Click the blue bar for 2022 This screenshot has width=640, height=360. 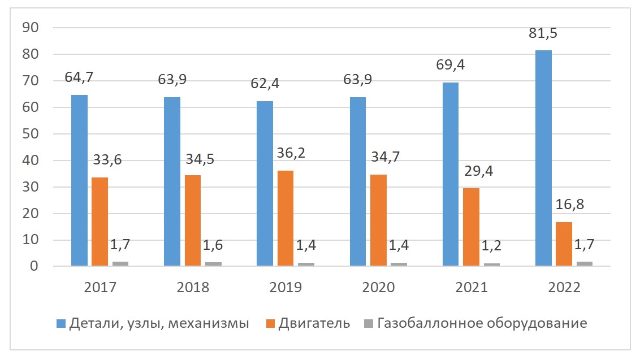543,158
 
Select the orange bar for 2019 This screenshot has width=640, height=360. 286,218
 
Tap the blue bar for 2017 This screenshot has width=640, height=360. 79,180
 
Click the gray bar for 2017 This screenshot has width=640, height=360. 120,263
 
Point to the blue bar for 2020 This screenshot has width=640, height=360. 358,181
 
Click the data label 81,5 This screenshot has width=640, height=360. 542,33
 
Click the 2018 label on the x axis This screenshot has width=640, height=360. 193,288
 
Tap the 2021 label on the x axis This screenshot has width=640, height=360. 472,288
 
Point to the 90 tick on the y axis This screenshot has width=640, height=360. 30,28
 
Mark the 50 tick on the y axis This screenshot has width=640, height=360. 30,134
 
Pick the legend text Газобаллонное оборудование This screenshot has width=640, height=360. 482,324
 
